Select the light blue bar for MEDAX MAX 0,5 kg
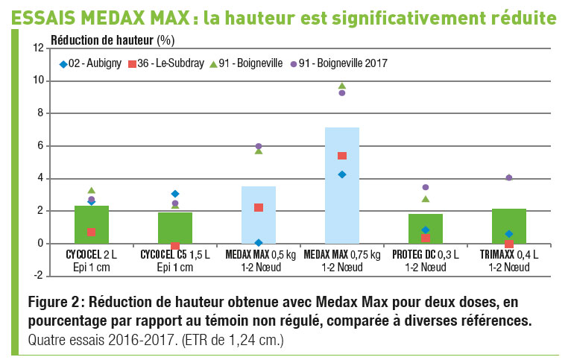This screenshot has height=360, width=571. pyautogui.click(x=259, y=216)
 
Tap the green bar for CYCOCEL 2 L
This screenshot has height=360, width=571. pyautogui.click(x=92, y=224)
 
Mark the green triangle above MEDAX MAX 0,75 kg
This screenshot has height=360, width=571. pyautogui.click(x=342, y=86)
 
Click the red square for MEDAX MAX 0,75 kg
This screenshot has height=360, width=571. pyautogui.click(x=342, y=156)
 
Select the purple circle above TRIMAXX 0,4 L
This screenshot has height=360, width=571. pyautogui.click(x=509, y=177)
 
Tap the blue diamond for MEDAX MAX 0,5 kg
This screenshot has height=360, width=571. pyautogui.click(x=259, y=243)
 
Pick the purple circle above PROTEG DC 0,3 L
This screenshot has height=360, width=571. pyautogui.click(x=426, y=187)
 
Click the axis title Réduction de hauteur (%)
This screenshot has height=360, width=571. pyautogui.click(x=113, y=37)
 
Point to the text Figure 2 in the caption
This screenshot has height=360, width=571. pyautogui.click(x=54, y=303)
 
